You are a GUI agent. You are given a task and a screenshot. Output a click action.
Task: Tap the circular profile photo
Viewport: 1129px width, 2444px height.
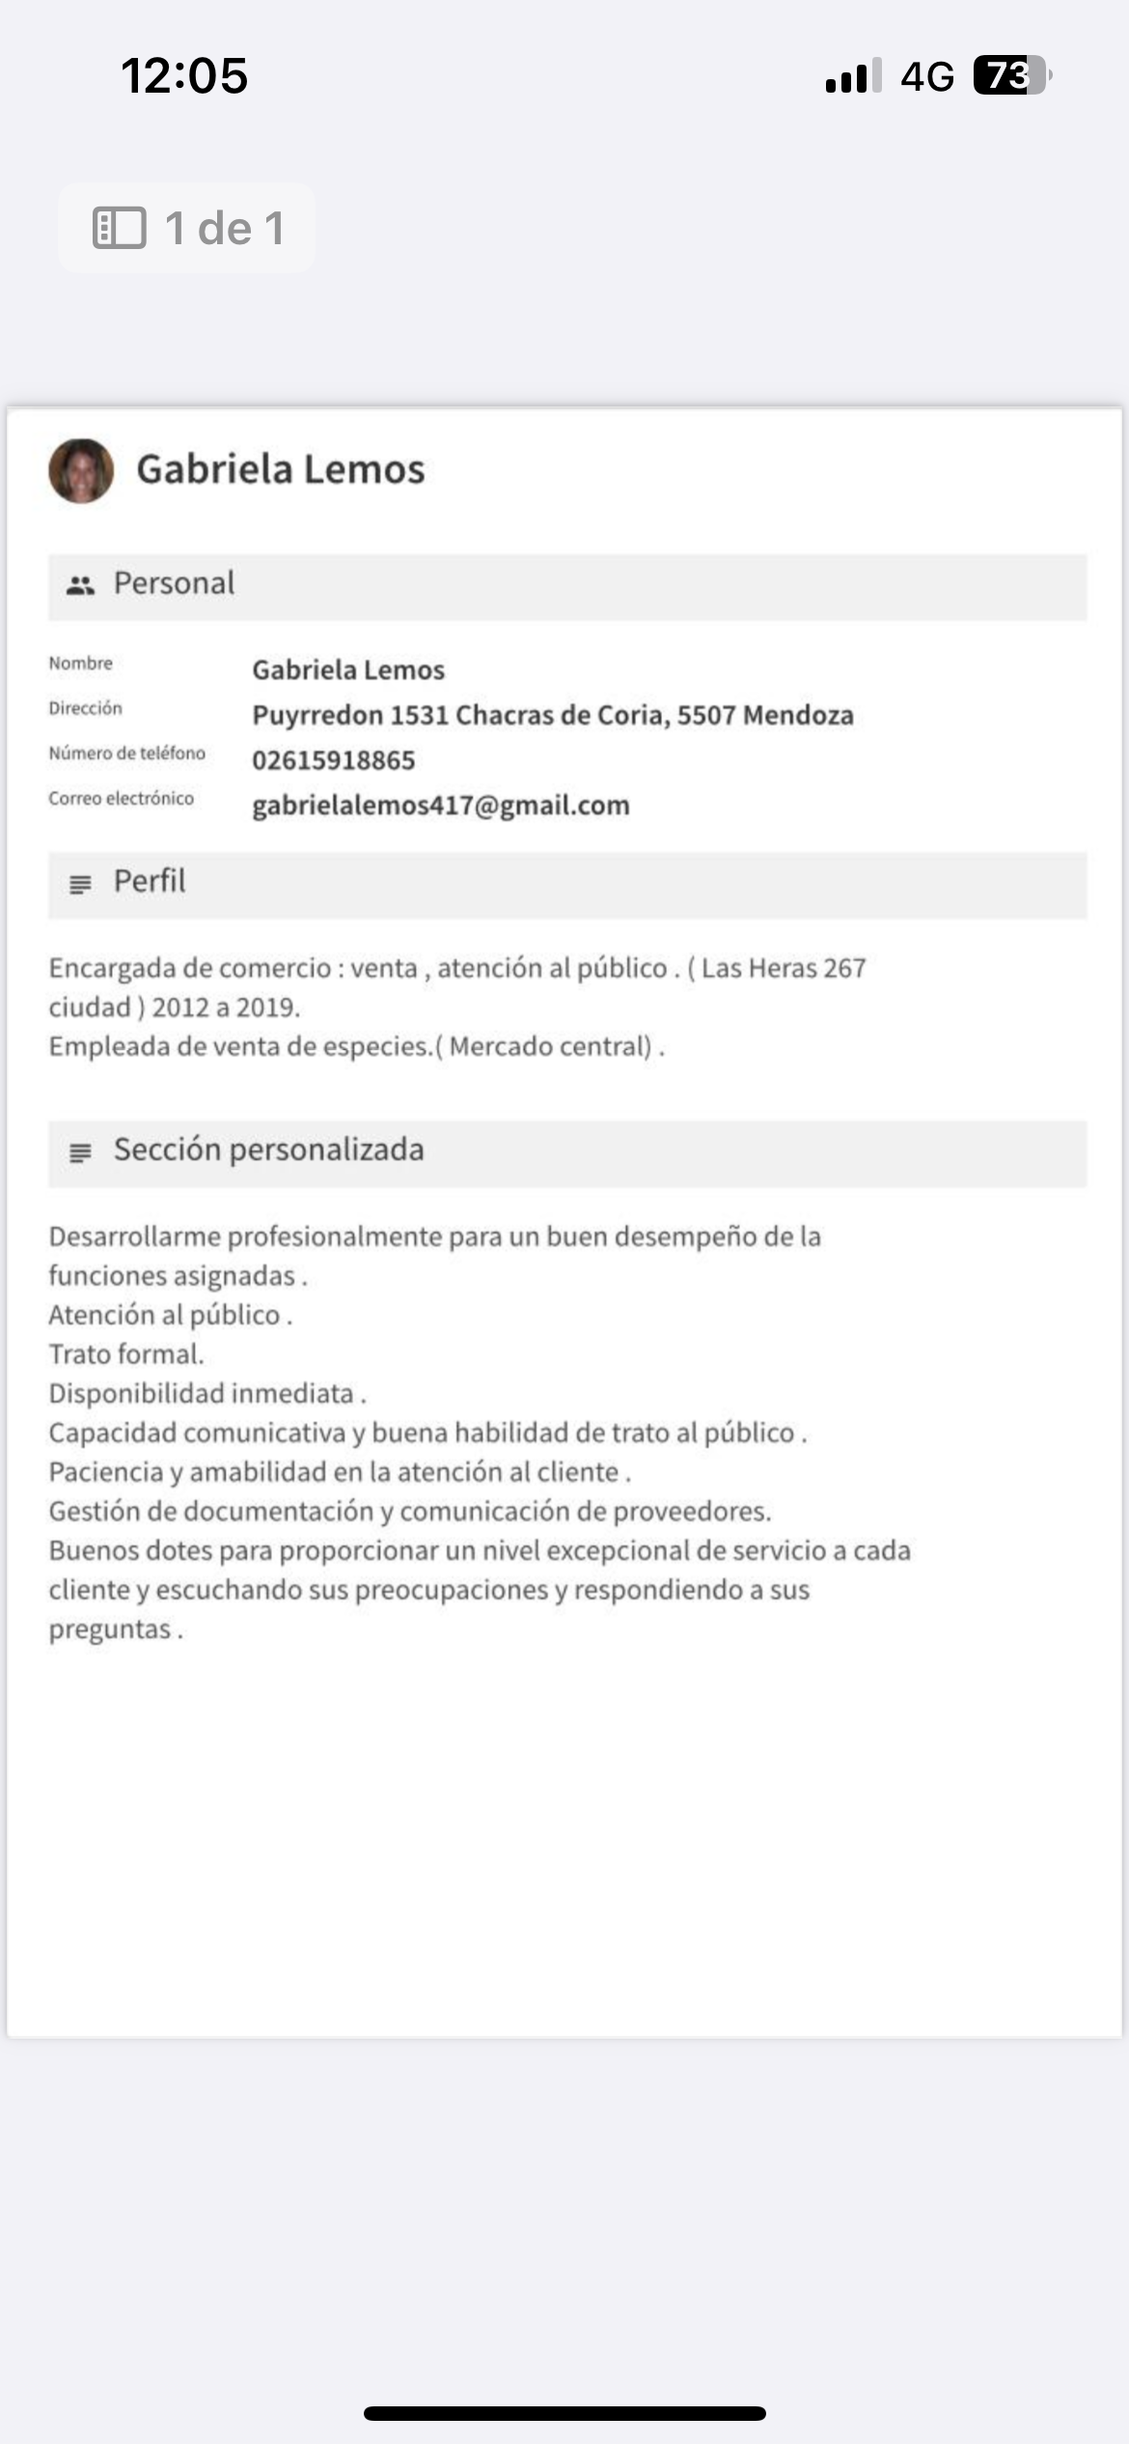(x=81, y=471)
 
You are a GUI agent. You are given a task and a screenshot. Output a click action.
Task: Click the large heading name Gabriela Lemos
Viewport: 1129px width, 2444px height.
(x=280, y=470)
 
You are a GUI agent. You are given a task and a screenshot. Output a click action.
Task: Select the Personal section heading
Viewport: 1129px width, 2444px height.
(x=174, y=584)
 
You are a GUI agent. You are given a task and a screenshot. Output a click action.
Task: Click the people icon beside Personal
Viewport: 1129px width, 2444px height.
(x=80, y=585)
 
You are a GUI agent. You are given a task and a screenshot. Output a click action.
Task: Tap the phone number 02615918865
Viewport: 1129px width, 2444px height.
(x=333, y=761)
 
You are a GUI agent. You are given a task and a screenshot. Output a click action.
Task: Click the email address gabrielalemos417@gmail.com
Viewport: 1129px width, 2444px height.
(x=440, y=806)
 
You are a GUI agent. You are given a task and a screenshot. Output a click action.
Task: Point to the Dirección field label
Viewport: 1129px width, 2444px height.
(x=86, y=708)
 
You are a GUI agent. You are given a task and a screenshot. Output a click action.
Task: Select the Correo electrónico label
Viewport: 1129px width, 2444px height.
(x=122, y=798)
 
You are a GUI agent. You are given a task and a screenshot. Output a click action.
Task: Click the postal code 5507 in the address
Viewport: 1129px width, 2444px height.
(x=705, y=715)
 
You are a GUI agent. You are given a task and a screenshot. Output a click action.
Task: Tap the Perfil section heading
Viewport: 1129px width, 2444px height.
(x=150, y=881)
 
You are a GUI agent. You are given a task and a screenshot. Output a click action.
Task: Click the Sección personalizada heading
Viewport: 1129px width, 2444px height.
(x=268, y=1150)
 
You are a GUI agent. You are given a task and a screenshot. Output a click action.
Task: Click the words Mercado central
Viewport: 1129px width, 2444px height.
(x=550, y=1047)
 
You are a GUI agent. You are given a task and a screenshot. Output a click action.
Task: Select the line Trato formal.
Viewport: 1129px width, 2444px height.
(x=126, y=1354)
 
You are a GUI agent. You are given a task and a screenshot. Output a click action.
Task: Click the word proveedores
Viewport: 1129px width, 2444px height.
(x=691, y=1512)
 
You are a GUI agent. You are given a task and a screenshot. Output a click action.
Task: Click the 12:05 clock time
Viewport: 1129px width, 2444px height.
(x=184, y=75)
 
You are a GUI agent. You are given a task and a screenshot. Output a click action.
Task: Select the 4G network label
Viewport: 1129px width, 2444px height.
(x=926, y=76)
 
